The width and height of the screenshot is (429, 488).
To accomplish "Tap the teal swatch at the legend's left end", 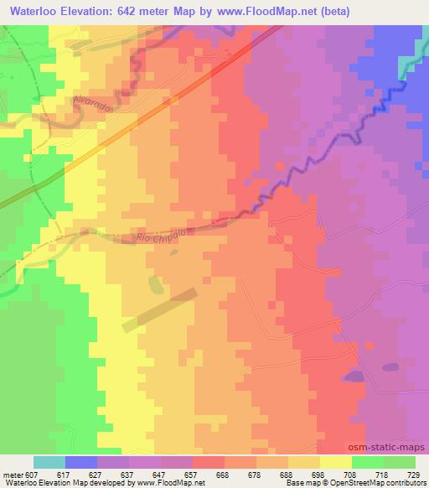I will [x=49, y=462].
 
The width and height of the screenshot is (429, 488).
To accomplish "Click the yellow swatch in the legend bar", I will [x=336, y=462].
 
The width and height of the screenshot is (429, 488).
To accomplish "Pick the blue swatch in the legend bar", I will [x=81, y=462].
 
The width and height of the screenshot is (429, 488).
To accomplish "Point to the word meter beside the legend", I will [x=13, y=475].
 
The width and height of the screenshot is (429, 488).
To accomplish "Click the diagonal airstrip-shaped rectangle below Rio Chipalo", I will [x=159, y=310].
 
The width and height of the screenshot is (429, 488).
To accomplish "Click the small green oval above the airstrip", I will [x=155, y=284].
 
